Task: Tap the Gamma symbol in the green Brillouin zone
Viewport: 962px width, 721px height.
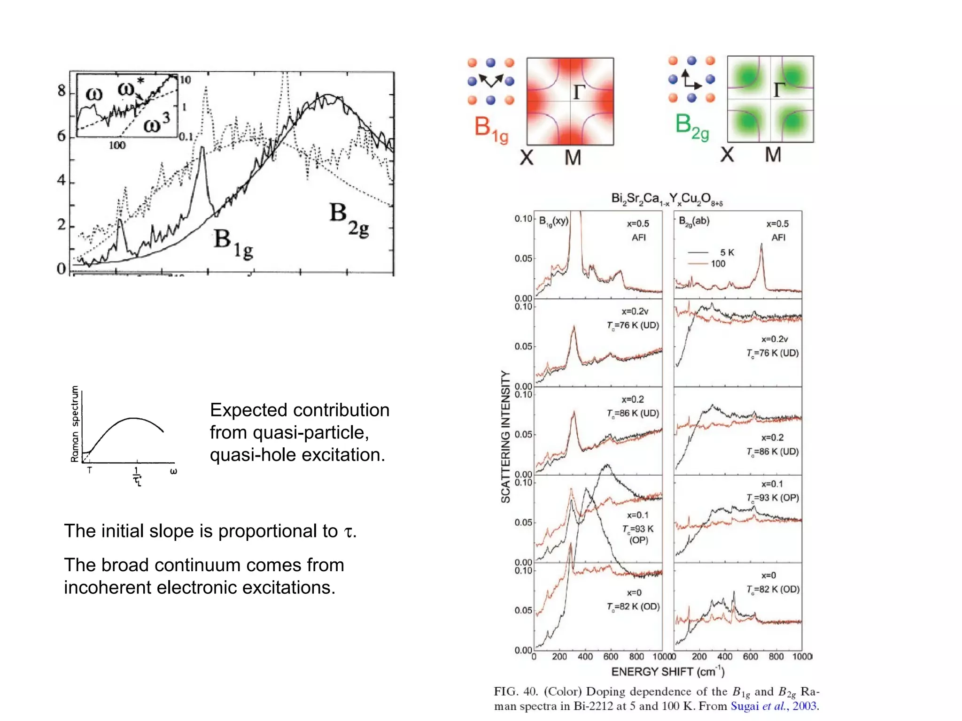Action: point(780,89)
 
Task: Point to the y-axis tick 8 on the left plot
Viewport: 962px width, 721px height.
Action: point(62,91)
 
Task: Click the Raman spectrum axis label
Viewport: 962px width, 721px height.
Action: point(75,424)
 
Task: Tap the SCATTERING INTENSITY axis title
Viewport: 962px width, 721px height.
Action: point(505,437)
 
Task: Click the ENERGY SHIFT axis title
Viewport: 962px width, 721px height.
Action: point(667,672)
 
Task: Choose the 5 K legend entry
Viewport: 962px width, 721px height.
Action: point(726,253)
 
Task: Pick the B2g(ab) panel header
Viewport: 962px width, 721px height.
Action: point(694,221)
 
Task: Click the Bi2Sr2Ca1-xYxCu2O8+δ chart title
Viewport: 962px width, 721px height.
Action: point(667,199)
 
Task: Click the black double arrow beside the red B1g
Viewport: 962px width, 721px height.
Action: point(491,81)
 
